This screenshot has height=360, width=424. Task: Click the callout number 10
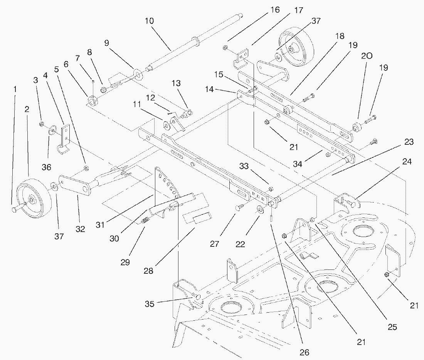[x=149, y=20]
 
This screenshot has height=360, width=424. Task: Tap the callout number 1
[x=15, y=89]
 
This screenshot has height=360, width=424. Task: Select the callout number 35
[x=150, y=304]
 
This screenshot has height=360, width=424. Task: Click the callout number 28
[x=148, y=271]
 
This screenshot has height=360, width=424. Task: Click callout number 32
[x=80, y=229]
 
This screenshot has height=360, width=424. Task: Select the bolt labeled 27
[x=237, y=208]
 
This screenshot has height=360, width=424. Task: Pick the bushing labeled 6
[x=93, y=101]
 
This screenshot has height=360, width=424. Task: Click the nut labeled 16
[x=225, y=47]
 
